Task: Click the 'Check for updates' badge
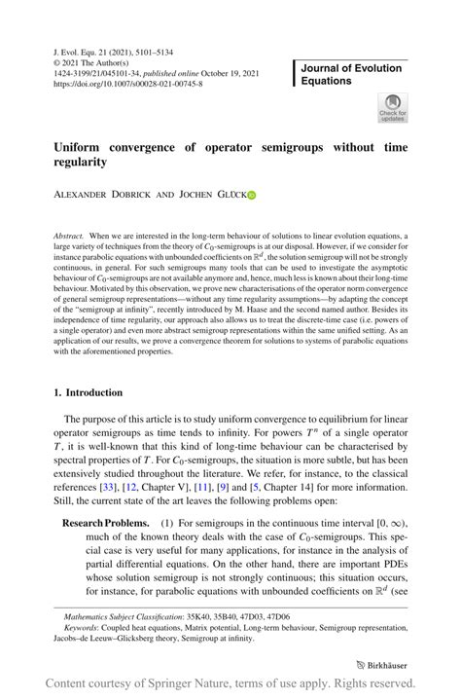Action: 394,107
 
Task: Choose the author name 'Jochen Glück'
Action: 213,195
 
